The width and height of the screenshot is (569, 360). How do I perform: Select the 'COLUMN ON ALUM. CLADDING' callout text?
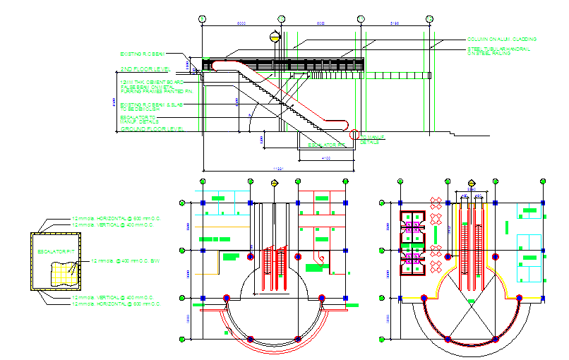point(501,40)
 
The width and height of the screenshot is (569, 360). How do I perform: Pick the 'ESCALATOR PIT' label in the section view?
point(326,145)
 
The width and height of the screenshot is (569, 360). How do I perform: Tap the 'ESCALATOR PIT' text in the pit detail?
point(56,251)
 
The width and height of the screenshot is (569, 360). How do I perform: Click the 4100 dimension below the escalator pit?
point(326,158)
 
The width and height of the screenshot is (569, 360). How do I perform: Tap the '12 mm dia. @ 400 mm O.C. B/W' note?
point(126,261)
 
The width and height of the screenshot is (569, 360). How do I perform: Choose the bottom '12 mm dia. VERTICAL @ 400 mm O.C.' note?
point(116,298)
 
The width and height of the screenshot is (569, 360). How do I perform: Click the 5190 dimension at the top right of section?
point(395,24)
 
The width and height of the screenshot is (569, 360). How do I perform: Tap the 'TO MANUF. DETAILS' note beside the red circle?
point(371,139)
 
